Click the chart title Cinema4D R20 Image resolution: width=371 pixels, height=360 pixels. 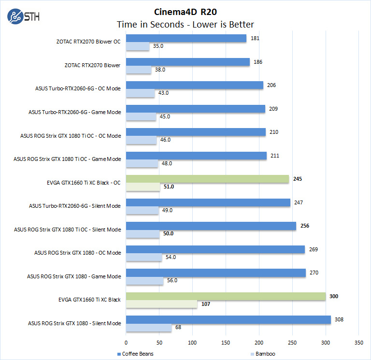(186, 11)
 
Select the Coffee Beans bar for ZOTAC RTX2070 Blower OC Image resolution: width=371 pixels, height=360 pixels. (186, 38)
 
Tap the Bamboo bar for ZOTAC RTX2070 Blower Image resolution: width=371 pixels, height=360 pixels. (139, 70)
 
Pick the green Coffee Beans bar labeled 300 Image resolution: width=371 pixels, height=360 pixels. (226, 296)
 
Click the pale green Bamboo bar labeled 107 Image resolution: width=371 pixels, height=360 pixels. (161, 304)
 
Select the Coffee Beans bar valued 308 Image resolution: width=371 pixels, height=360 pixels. (228, 319)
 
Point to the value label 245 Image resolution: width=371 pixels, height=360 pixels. (298, 179)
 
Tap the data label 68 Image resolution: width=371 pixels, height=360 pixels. (179, 327)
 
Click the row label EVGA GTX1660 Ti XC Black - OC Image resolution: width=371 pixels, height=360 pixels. (81, 183)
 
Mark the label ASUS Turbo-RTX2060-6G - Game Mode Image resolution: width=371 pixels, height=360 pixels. (74, 113)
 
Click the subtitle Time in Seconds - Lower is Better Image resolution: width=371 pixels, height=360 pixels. (185, 24)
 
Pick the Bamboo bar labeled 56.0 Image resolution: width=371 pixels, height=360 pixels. (144, 280)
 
